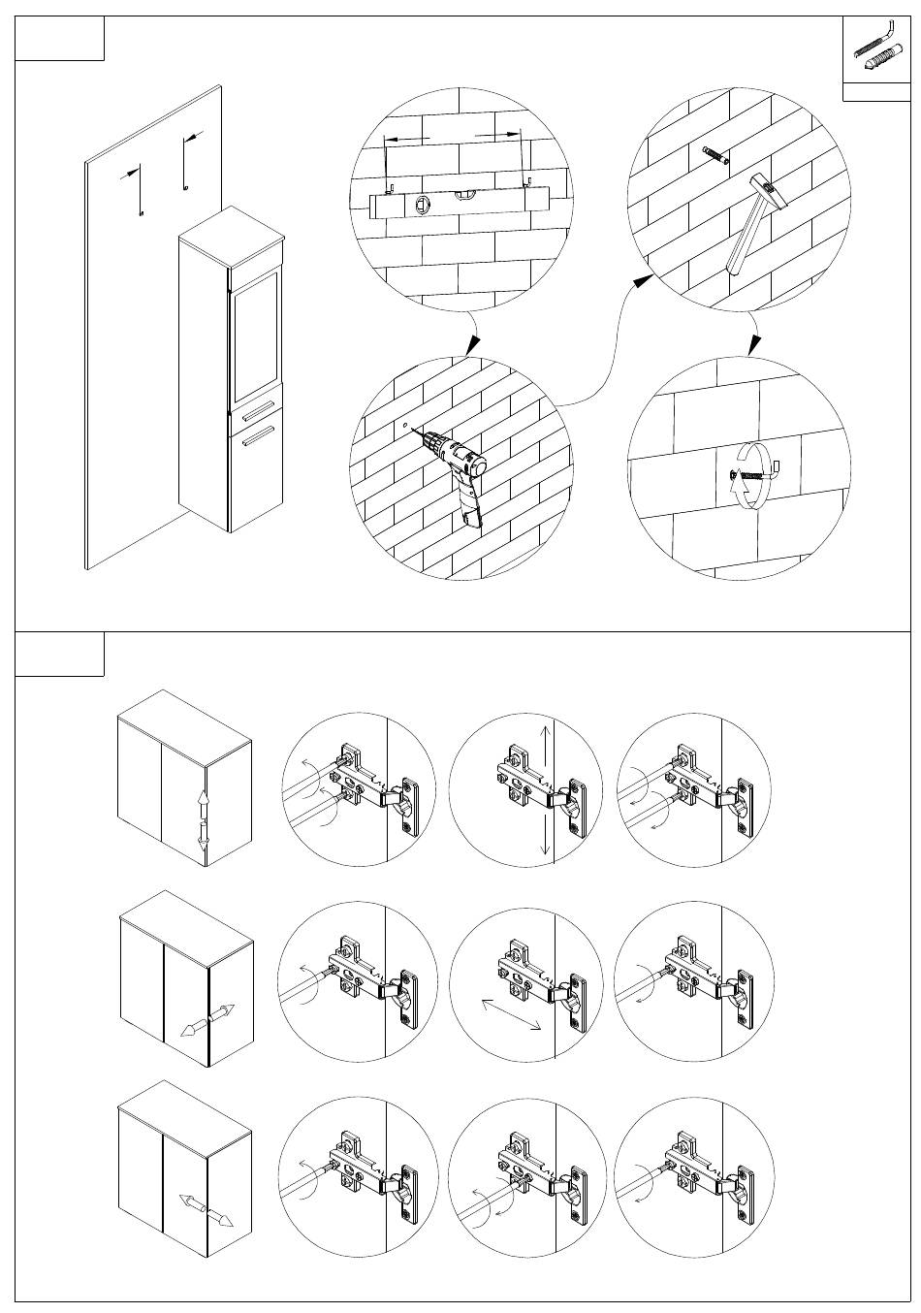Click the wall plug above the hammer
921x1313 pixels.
(715, 154)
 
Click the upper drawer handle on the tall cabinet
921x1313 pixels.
(258, 412)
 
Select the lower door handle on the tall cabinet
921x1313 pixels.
(258, 439)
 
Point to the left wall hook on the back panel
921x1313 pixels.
(140, 189)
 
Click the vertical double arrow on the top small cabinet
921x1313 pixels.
(204, 819)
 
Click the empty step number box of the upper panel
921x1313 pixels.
(60, 39)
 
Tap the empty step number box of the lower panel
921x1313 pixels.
(60, 655)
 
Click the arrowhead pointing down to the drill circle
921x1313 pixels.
(473, 344)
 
